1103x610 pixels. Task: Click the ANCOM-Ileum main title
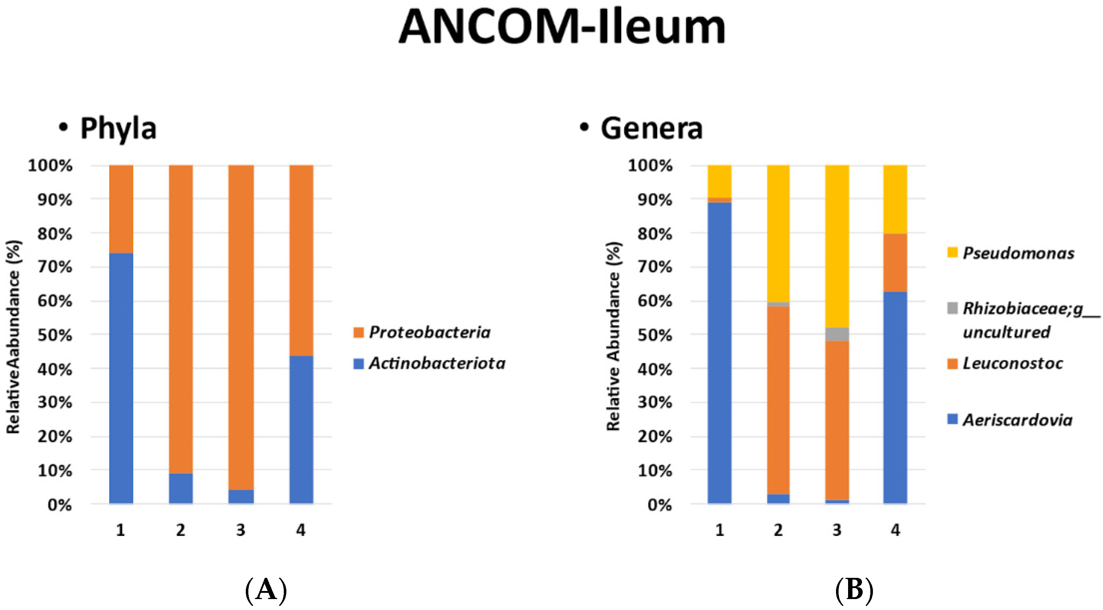pyautogui.click(x=562, y=28)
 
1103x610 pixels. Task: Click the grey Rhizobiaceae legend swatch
pyautogui.click(x=952, y=308)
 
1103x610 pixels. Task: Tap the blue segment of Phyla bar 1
pyautogui.click(x=121, y=377)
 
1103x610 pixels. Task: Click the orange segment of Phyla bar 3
pyautogui.click(x=241, y=326)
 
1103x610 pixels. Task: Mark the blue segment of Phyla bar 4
pyautogui.click(x=301, y=428)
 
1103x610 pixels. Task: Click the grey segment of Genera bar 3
pyautogui.click(x=837, y=334)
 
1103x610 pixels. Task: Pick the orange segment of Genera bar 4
pyautogui.click(x=895, y=262)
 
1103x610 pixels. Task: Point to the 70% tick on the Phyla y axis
pyautogui.click(x=55, y=267)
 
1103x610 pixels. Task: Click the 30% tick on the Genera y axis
pyautogui.click(x=655, y=402)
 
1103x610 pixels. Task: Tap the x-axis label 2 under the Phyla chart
pyautogui.click(x=180, y=530)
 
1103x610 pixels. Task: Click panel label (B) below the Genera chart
pyautogui.click(x=854, y=590)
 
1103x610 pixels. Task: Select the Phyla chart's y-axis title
pyautogui.click(x=14, y=336)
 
